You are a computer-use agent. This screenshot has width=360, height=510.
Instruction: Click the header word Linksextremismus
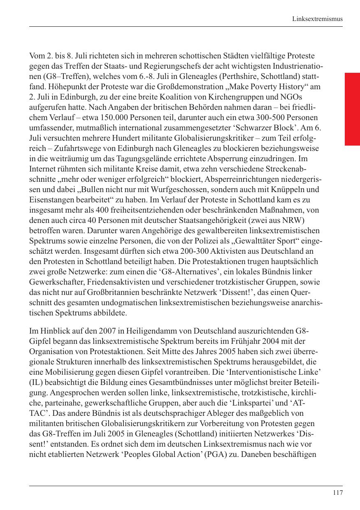(x=317, y=19)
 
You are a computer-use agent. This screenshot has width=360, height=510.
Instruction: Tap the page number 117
(x=337, y=493)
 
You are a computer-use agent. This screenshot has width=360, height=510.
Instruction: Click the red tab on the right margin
(x=352, y=109)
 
